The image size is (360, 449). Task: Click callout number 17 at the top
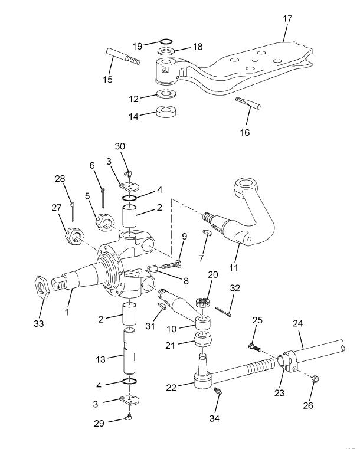pyautogui.click(x=287, y=18)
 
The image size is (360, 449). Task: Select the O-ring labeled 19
pyautogui.click(x=166, y=41)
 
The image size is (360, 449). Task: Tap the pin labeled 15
pyautogui.click(x=123, y=59)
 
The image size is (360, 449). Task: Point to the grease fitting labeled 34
pyautogui.click(x=218, y=392)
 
